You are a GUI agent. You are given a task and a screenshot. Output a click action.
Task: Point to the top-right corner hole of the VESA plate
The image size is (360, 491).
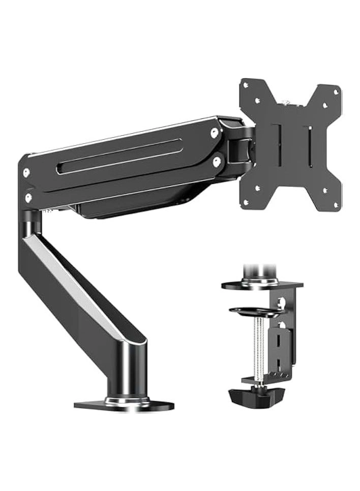335,92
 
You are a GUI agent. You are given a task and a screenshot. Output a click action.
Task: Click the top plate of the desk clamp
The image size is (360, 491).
262,284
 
